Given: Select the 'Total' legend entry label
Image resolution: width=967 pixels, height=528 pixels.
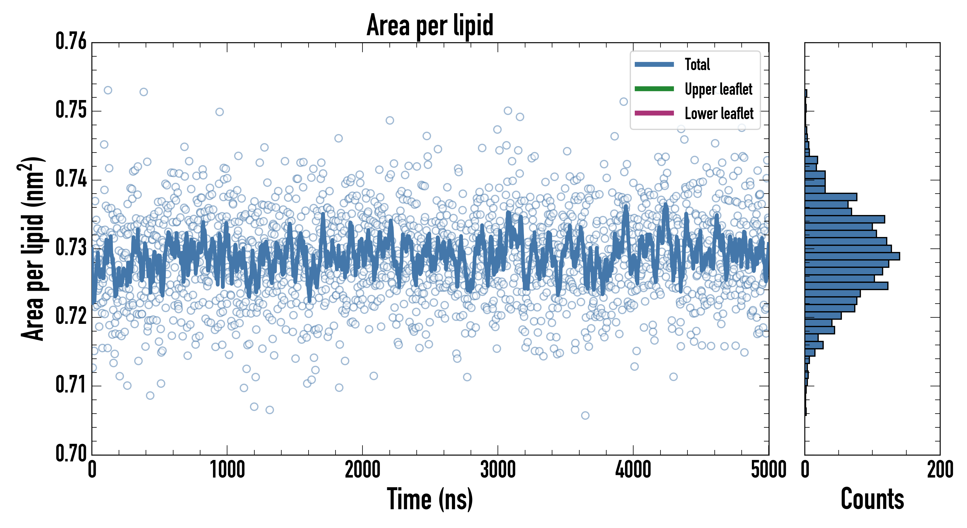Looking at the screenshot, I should pyautogui.click(x=697, y=64).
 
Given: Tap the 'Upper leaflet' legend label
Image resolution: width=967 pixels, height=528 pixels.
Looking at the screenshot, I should pyautogui.click(x=718, y=89).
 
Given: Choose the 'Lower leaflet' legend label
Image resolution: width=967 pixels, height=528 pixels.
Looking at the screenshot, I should pyautogui.click(x=719, y=114).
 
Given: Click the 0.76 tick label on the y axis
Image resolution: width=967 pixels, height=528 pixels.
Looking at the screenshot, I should pyautogui.click(x=71, y=41).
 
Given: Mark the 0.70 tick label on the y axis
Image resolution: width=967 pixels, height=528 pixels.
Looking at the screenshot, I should pyautogui.click(x=71, y=453).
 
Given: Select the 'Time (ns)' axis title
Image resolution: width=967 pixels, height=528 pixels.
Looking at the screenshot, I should pyautogui.click(x=430, y=500).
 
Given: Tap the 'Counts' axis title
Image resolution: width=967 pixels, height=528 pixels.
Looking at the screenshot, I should pyautogui.click(x=872, y=500).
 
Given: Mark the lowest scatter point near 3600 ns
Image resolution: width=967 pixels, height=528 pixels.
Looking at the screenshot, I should pyautogui.click(x=585, y=415).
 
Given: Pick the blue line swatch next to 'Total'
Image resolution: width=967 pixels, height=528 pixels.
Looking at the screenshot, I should pyautogui.click(x=654, y=64).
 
